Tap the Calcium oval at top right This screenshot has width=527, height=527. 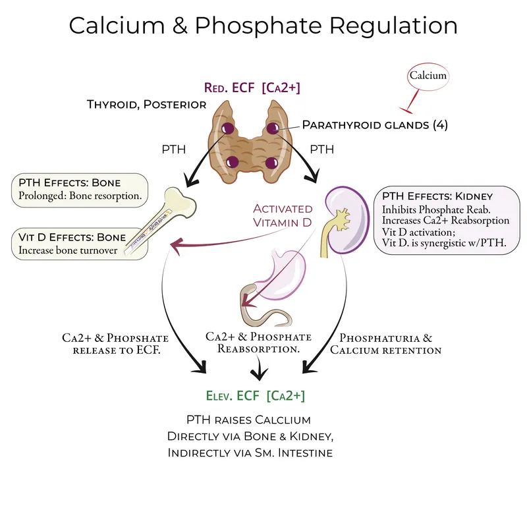(428, 76)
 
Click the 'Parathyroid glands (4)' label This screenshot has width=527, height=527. (375, 125)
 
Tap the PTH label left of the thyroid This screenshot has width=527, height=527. (173, 150)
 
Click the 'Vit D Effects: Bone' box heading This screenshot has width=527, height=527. (69, 236)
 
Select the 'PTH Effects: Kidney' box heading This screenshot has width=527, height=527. (436, 196)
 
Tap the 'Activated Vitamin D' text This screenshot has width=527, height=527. (283, 215)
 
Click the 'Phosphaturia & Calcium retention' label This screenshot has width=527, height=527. (385, 344)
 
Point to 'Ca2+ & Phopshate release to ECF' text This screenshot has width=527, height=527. (112, 344)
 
